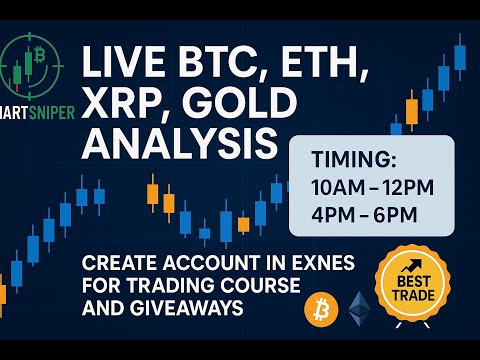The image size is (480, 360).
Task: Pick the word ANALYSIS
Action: coord(179,143)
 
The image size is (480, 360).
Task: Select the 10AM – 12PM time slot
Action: coord(370,188)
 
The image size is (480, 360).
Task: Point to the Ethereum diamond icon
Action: coord(360,309)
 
